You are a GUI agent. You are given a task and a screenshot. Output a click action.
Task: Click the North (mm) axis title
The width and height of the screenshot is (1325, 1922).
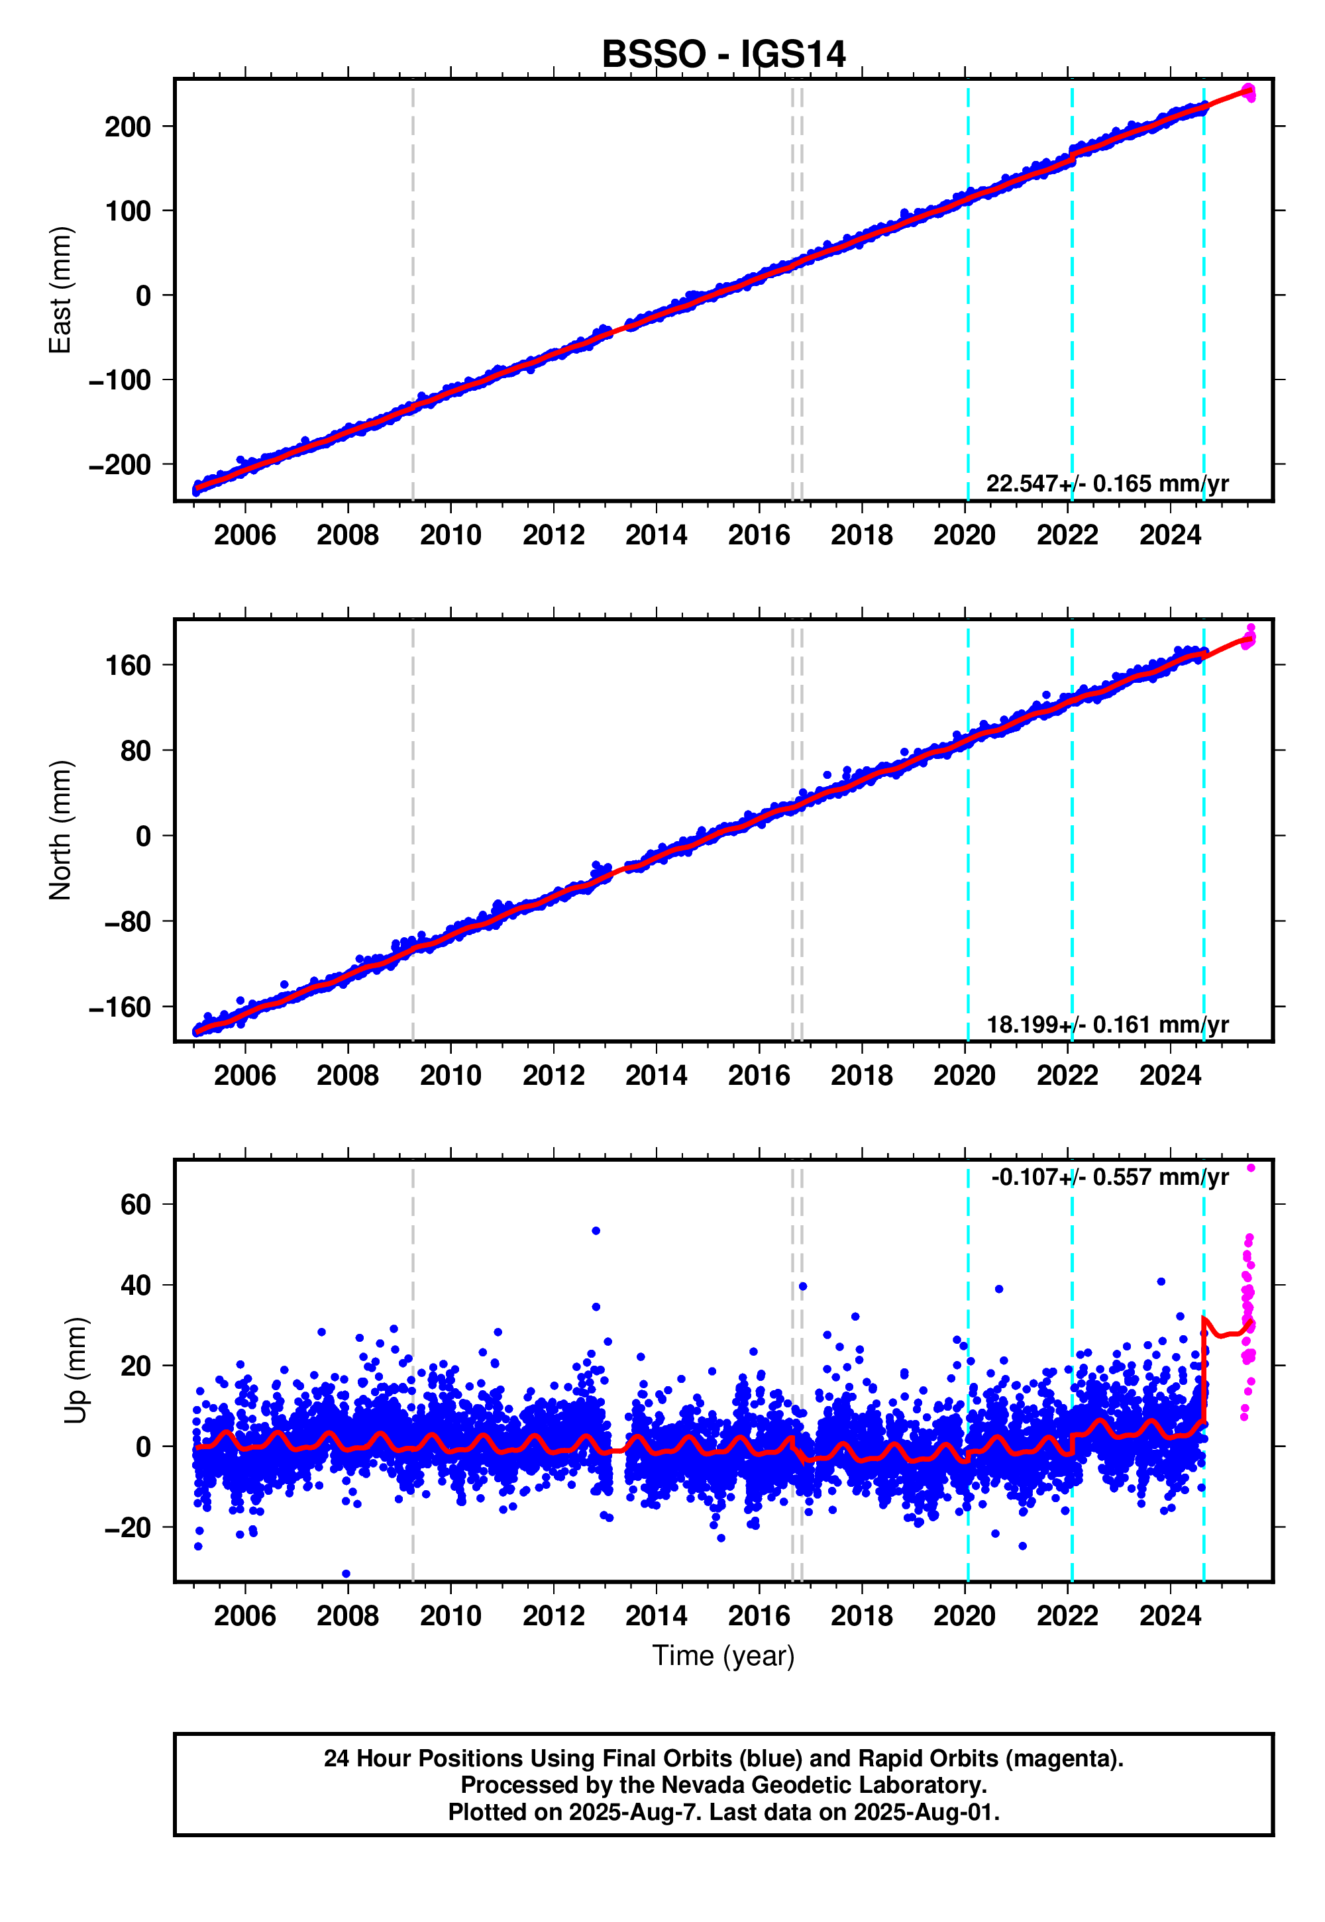[x=60, y=830]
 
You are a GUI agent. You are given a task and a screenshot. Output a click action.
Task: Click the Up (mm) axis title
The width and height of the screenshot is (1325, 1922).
[x=76, y=1370]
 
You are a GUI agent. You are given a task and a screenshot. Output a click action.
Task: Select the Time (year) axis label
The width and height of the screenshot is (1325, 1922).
[x=723, y=1656]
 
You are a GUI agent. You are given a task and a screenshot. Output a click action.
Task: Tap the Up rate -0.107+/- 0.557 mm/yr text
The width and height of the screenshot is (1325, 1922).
[x=1109, y=1178]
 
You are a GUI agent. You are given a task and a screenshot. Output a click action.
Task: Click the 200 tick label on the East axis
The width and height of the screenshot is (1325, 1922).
[x=128, y=127]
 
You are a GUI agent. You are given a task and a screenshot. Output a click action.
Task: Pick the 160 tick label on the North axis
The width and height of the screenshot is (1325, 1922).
[x=128, y=666]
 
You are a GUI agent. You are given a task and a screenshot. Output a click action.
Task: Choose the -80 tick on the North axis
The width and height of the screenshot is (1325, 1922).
[x=128, y=922]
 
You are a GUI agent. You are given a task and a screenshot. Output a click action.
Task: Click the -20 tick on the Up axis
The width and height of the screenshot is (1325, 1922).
[x=128, y=1528]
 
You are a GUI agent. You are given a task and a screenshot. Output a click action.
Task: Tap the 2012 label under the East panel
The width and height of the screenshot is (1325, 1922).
[x=553, y=535]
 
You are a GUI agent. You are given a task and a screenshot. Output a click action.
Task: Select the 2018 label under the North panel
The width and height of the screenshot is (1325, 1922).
[x=862, y=1076]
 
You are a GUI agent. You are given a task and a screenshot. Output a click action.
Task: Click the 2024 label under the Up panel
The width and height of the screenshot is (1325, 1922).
[x=1170, y=1616]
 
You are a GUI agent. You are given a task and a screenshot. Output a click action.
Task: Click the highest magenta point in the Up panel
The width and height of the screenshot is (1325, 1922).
[x=1251, y=1168]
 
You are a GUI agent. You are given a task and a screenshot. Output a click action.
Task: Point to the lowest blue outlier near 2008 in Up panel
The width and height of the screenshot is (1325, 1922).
[x=346, y=1574]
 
